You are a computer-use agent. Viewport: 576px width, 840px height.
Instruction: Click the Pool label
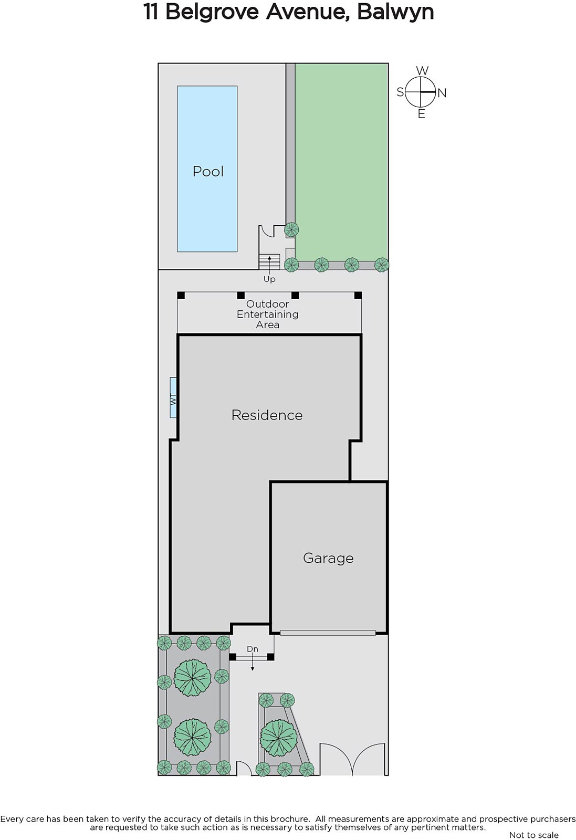[208, 171]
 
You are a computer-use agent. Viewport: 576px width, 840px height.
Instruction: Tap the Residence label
[267, 415]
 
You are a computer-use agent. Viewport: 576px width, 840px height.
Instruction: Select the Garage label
[328, 559]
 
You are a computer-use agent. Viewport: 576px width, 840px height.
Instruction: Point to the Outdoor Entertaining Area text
[267, 314]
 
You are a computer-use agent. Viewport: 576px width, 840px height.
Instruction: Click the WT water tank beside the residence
[173, 397]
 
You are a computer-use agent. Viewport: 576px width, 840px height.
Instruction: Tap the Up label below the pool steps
[269, 279]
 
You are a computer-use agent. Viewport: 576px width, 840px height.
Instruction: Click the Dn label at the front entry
[253, 649]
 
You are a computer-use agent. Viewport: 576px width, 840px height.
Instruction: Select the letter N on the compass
[442, 93]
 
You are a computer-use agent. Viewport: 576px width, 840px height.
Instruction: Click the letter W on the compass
[422, 70]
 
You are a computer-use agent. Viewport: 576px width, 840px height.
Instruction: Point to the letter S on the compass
[401, 92]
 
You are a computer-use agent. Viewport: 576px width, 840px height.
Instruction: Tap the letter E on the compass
[422, 113]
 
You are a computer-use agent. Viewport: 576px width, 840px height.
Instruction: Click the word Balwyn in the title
[395, 12]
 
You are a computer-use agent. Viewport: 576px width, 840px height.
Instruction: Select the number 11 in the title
[150, 12]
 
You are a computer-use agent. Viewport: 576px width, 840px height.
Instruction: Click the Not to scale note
[533, 835]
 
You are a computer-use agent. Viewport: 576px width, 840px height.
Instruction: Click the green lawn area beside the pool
[341, 161]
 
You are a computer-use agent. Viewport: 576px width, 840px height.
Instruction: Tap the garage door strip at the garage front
[328, 633]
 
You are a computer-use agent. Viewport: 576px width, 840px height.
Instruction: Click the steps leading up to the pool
[269, 261]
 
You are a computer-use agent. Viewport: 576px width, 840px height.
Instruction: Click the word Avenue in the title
[306, 12]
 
